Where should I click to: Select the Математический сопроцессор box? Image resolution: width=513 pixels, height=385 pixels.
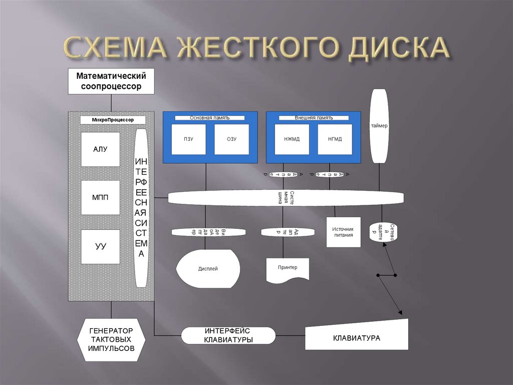111,81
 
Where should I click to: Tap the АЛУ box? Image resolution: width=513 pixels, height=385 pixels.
101,149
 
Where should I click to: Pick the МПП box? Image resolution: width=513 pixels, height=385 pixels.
101,197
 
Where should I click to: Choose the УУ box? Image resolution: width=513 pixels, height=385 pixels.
101,246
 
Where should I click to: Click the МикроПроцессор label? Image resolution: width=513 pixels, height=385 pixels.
113,120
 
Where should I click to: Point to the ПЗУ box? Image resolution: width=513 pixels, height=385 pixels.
188,139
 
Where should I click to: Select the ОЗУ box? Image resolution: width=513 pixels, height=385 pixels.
231,139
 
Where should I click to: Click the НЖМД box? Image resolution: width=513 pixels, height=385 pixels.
292,139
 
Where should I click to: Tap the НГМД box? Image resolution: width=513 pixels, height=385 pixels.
335,139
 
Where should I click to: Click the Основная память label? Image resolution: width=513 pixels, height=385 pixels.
210,118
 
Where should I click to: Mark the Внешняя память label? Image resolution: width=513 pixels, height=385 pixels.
313,118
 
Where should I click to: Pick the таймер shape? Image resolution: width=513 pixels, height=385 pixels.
379,125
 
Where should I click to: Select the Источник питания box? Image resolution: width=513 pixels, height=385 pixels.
343,232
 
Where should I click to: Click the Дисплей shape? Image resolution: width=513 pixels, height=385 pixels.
208,269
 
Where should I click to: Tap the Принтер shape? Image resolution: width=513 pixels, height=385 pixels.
288,270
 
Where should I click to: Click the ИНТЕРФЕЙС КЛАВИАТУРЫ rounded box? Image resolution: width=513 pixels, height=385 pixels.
228,336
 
